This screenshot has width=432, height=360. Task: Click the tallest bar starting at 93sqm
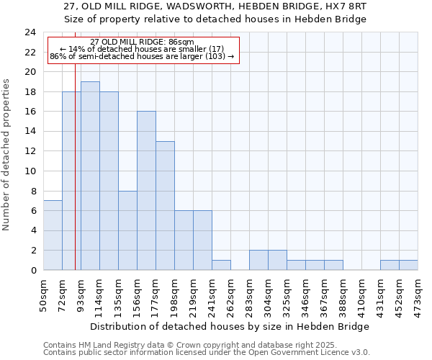click(x=90, y=176)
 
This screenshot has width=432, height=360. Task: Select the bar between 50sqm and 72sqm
click(x=53, y=235)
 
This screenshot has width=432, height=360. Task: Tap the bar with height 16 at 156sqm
click(x=146, y=191)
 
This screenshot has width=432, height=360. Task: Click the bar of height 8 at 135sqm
click(x=127, y=230)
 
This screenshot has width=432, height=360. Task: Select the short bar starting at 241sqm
click(x=221, y=265)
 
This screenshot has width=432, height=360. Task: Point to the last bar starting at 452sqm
click(x=408, y=265)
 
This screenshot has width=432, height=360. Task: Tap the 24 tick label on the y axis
click(x=30, y=32)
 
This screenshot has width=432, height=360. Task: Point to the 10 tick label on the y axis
click(x=30, y=171)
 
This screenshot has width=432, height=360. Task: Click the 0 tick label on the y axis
click(x=33, y=270)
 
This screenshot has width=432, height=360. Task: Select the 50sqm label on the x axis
click(x=44, y=294)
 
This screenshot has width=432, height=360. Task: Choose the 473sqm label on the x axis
click(x=418, y=295)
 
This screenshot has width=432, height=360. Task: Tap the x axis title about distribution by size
click(x=230, y=326)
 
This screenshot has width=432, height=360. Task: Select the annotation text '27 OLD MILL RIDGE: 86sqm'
click(x=142, y=42)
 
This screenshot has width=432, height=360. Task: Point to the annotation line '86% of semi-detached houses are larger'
click(x=142, y=56)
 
